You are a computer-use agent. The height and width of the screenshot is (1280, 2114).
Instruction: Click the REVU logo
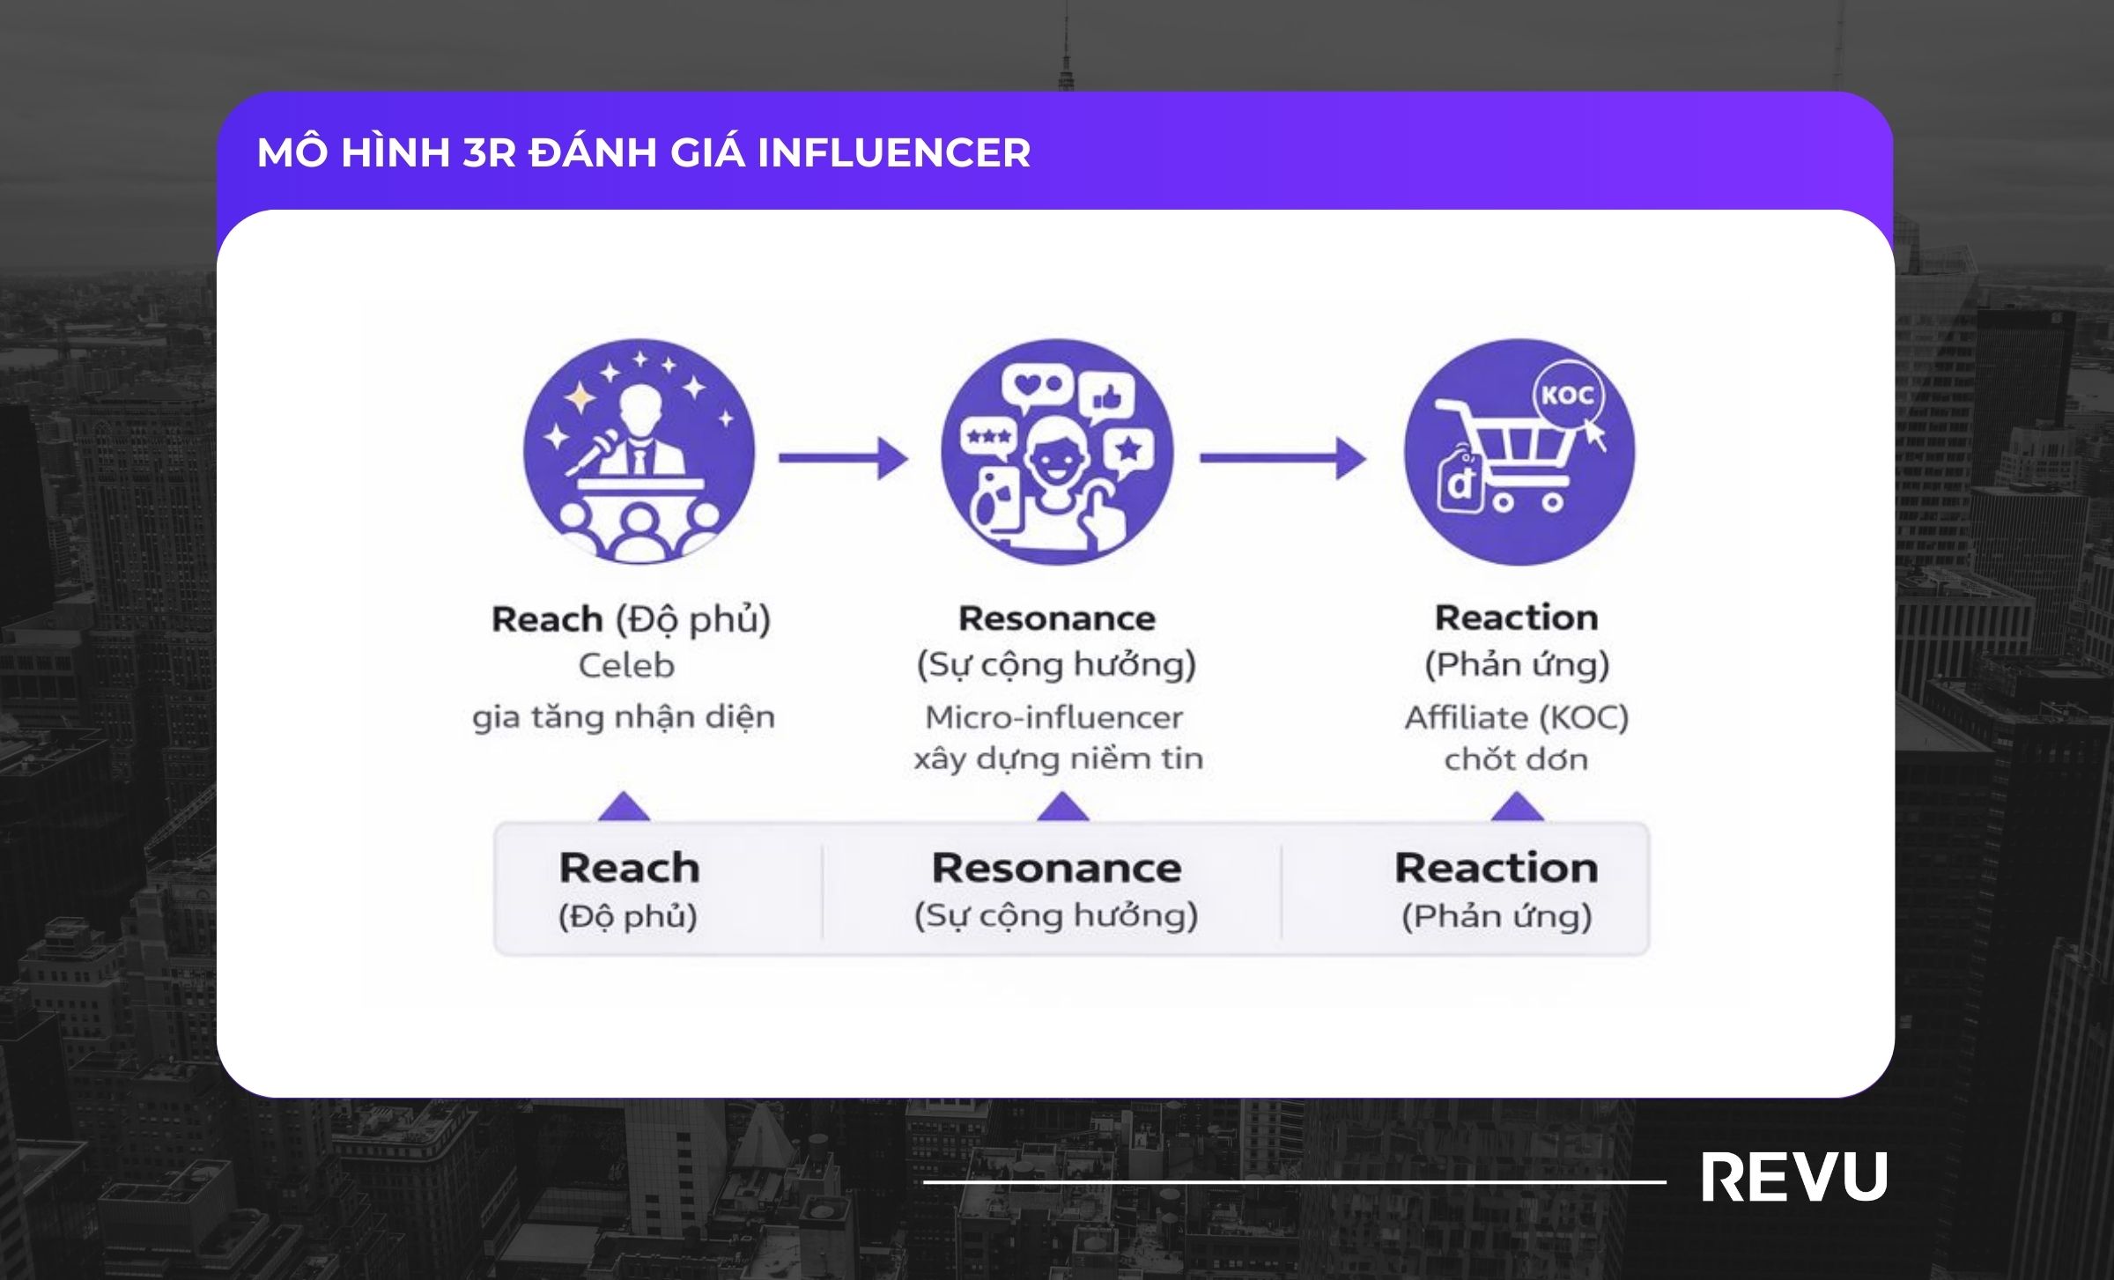(x=1793, y=1177)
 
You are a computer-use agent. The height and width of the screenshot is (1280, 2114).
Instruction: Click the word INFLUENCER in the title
(x=893, y=152)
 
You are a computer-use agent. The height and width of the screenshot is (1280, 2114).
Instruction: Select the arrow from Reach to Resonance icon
(x=843, y=457)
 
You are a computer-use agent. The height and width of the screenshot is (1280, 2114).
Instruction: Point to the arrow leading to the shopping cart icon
(x=1282, y=457)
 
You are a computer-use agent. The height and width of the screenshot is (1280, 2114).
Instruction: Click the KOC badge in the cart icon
(x=1567, y=396)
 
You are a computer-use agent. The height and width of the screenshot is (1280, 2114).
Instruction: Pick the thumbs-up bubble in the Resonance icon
(x=1106, y=398)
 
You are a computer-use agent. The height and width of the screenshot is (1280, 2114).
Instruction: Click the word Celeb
(x=626, y=666)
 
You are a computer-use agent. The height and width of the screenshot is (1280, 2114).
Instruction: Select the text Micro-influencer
(x=1053, y=717)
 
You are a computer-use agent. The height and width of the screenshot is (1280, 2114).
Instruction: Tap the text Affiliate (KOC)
(x=1516, y=717)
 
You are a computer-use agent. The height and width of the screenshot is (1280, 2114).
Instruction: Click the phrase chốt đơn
(x=1516, y=759)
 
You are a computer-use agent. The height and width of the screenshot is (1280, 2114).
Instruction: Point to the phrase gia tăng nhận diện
(x=624, y=717)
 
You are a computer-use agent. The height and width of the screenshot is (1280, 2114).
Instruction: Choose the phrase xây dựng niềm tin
(x=1058, y=759)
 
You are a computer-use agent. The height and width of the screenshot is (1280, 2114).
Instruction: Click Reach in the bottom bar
(x=629, y=869)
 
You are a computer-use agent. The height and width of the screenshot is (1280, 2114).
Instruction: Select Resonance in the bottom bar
(x=1056, y=869)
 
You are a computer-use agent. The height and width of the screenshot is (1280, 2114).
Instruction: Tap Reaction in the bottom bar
(x=1496, y=869)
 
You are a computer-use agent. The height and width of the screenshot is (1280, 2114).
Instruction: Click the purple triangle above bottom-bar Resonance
(x=1062, y=807)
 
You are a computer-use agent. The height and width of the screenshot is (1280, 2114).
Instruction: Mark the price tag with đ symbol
(x=1460, y=483)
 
